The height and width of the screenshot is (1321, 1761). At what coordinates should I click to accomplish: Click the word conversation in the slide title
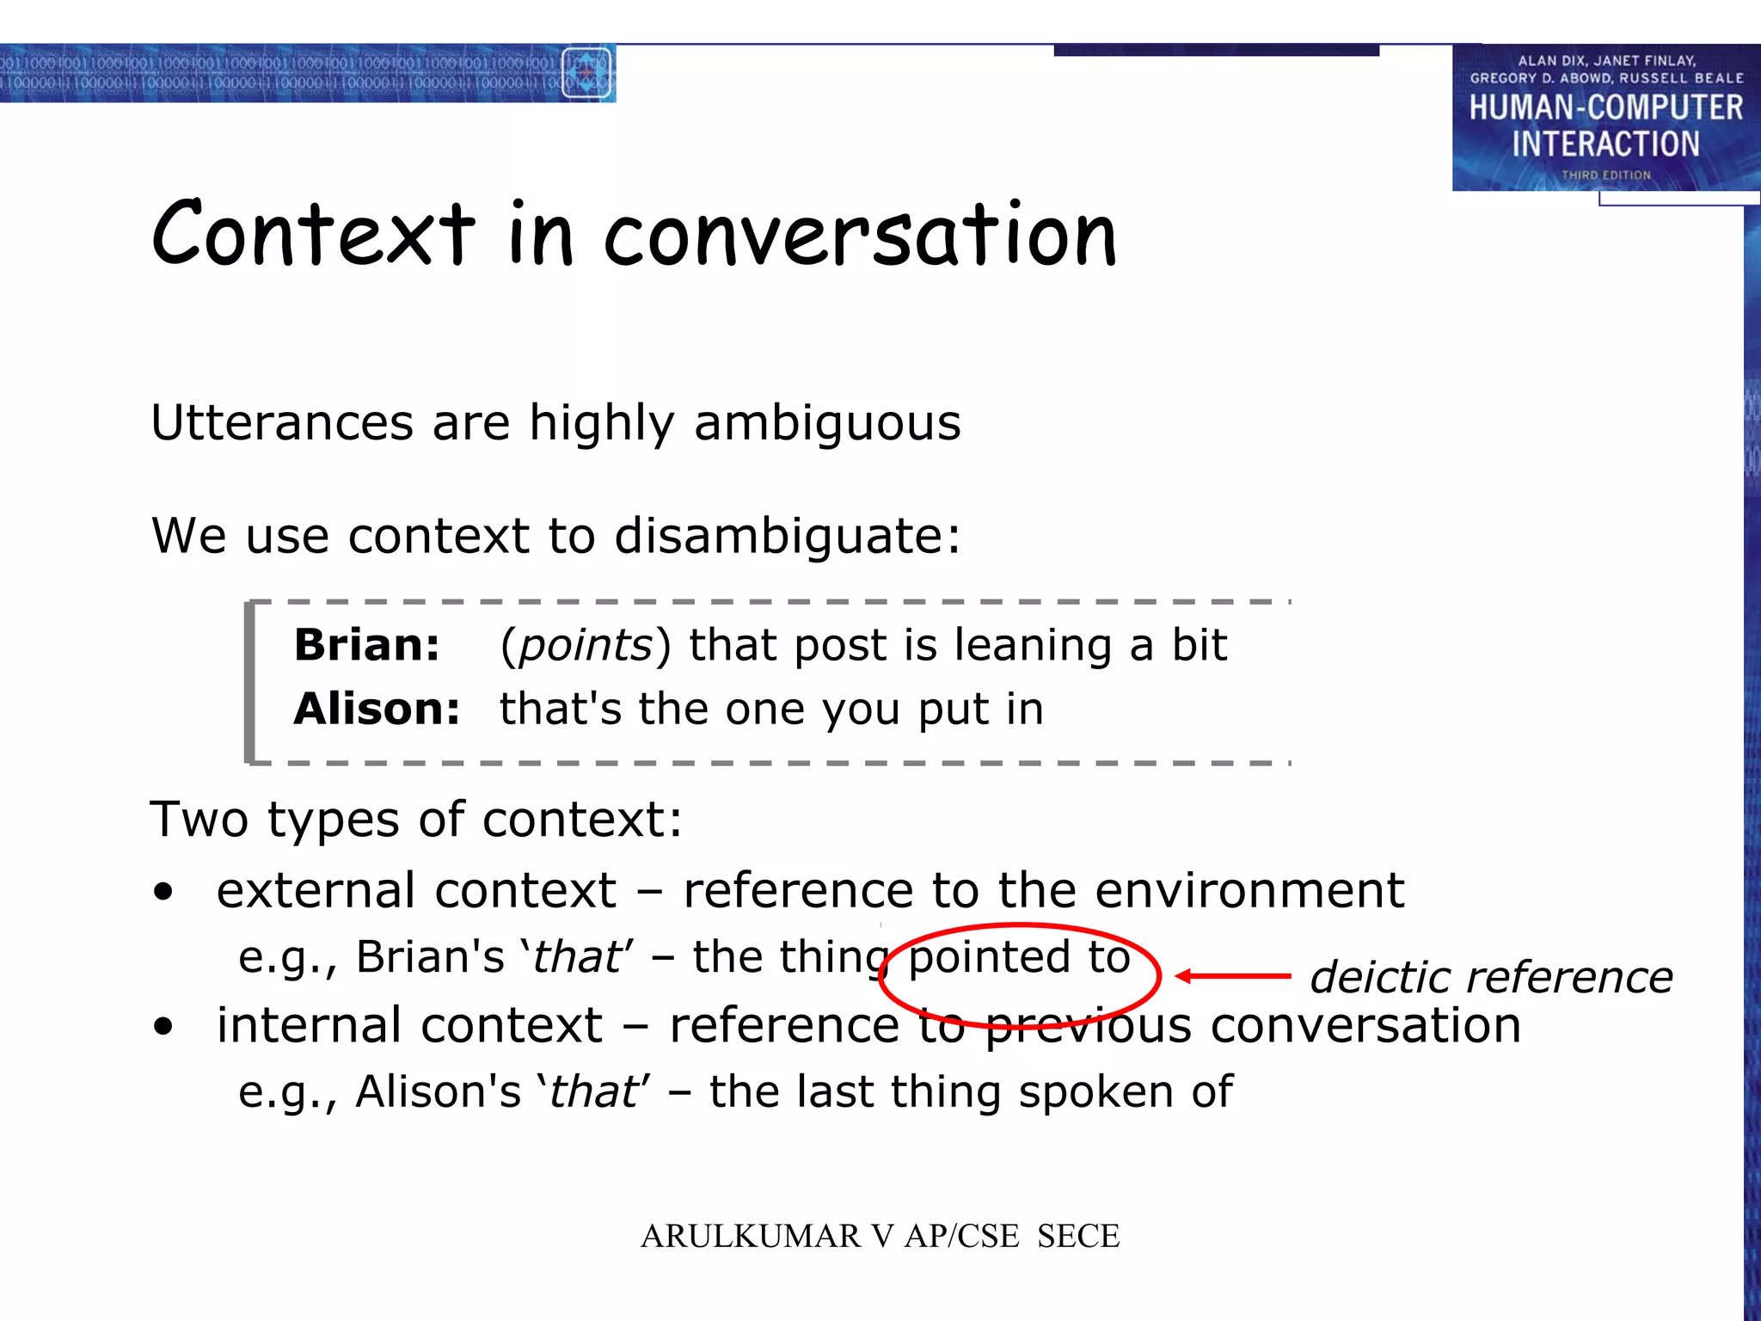pyautogui.click(x=860, y=237)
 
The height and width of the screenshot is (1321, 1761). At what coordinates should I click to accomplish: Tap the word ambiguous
pyautogui.click(x=826, y=423)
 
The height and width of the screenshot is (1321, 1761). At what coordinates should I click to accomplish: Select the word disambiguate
pyautogui.click(x=786, y=536)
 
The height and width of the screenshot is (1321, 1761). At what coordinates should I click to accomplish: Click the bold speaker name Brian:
pyautogui.click(x=367, y=645)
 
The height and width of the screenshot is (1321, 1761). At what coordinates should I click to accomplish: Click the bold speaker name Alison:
pyautogui.click(x=377, y=710)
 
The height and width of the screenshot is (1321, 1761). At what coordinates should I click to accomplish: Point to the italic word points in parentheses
pyautogui.click(x=586, y=645)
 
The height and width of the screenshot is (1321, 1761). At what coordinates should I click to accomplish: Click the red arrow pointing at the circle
pyautogui.click(x=1233, y=976)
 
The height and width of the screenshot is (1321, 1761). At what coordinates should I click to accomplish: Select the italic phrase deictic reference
pyautogui.click(x=1491, y=978)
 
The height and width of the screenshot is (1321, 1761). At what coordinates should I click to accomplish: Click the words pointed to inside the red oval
pyautogui.click(x=1019, y=957)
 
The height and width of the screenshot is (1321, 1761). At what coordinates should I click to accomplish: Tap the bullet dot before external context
pyautogui.click(x=163, y=892)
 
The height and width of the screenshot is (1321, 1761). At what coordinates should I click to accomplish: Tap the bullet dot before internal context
pyautogui.click(x=163, y=1026)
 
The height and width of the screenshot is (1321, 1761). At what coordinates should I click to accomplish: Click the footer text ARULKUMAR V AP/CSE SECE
pyautogui.click(x=880, y=1236)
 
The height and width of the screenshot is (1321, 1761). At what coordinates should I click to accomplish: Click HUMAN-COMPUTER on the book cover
pyautogui.click(x=1605, y=108)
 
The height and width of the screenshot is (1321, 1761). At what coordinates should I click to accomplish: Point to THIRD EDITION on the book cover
pyautogui.click(x=1605, y=175)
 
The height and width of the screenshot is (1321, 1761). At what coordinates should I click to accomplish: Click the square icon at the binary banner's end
pyautogui.click(x=586, y=73)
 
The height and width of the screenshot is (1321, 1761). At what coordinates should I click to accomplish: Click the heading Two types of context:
pyautogui.click(x=416, y=819)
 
